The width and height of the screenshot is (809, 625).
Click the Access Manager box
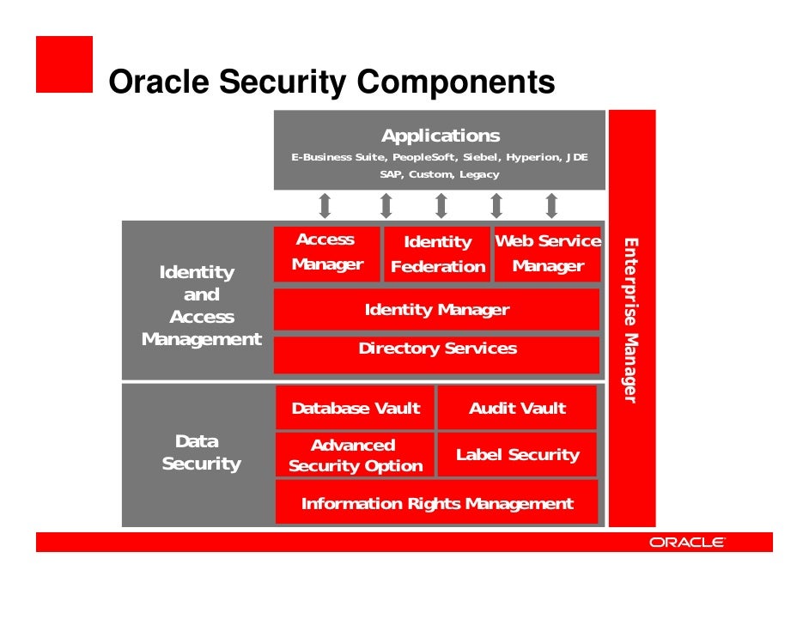coord(326,253)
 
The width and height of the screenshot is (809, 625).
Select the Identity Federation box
coord(437,254)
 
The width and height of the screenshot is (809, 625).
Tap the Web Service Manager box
coord(548,254)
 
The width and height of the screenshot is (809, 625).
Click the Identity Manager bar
coord(436,310)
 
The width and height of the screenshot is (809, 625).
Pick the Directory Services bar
coord(436,349)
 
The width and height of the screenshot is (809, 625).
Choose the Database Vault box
coord(356,409)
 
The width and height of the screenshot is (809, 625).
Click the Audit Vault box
coord(517,409)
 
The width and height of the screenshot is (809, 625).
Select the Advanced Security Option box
coord(355,456)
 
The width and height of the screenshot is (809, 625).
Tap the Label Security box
coord(517,455)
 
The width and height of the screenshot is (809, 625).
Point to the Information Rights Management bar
coord(436,504)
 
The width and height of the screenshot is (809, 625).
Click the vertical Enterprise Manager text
coord(630,320)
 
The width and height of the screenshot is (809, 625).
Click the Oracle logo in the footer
coord(687,543)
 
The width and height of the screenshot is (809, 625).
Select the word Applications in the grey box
coord(440,136)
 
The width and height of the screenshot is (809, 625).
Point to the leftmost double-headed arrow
coord(325,206)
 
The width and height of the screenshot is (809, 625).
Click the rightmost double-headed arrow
coord(551,206)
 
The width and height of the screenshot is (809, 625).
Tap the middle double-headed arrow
coord(441,206)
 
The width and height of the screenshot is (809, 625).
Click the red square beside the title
coord(64,64)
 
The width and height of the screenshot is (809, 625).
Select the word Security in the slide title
coord(284,83)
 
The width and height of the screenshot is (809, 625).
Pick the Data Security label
coord(200,452)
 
